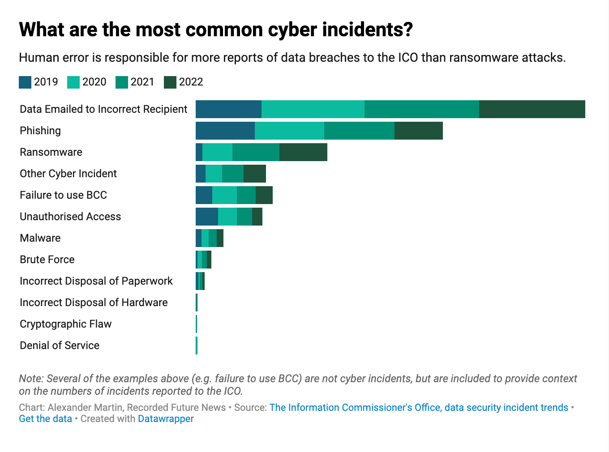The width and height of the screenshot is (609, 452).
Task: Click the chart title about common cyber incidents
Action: click(215, 30)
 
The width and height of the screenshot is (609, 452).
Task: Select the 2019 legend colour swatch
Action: click(25, 82)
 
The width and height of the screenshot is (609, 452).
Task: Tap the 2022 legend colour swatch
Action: click(170, 82)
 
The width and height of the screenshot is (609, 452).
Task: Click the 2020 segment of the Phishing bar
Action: click(289, 131)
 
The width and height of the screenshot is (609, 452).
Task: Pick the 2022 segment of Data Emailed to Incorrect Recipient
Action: click(532, 109)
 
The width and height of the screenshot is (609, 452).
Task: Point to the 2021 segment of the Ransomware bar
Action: click(256, 152)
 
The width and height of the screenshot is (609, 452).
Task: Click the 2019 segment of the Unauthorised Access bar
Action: click(207, 217)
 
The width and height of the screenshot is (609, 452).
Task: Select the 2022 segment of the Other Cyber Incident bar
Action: click(255, 174)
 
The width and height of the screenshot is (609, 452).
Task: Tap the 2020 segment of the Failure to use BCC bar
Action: click(224, 195)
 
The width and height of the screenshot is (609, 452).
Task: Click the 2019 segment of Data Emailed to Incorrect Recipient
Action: click(228, 109)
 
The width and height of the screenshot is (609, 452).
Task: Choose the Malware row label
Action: click(40, 238)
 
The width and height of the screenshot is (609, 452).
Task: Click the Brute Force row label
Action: click(47, 260)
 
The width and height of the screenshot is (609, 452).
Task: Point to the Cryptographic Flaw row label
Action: click(65, 324)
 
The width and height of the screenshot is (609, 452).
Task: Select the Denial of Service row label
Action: click(60, 345)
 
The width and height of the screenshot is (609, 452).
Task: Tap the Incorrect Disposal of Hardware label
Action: click(94, 303)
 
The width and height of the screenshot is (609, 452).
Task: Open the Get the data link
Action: click(45, 419)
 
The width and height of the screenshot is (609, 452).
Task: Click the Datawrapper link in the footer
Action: click(166, 419)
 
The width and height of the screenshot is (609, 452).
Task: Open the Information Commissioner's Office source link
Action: click(418, 408)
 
